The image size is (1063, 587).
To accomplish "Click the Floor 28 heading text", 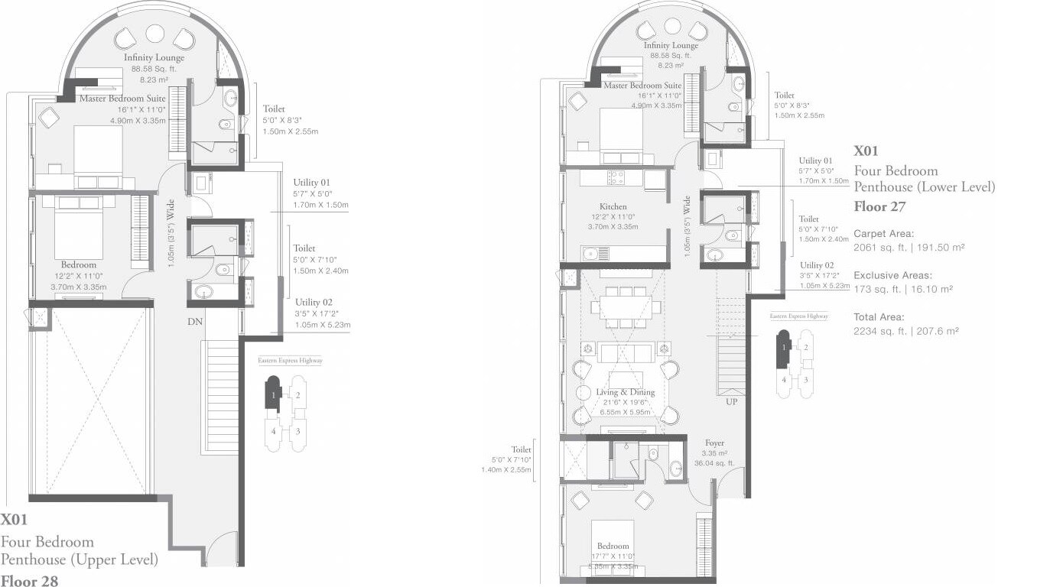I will [29, 581].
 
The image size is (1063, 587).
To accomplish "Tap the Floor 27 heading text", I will [880, 206].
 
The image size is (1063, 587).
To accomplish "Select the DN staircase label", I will [195, 322].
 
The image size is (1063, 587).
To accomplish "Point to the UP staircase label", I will [731, 401].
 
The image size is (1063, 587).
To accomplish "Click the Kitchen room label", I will [613, 206].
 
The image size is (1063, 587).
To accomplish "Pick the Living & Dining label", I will [626, 392].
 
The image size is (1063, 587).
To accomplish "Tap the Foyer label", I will [714, 443].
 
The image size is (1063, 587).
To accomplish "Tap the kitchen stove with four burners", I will [616, 177].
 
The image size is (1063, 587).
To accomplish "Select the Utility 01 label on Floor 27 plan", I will [815, 161].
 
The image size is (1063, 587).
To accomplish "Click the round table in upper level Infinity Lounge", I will [155, 34].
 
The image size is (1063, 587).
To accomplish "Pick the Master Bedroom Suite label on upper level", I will [122, 98].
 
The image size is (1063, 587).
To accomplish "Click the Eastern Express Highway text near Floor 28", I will [290, 360].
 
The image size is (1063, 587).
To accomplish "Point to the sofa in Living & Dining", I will [625, 352].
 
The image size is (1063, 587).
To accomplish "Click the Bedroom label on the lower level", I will [613, 546].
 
